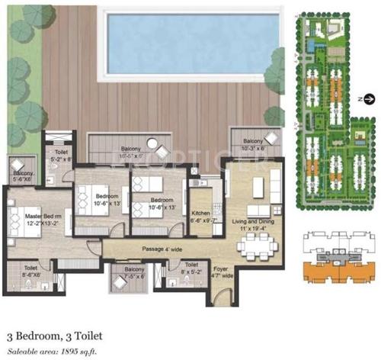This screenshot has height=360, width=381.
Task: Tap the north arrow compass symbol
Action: [369, 98]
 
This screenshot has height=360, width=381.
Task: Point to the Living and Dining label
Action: [251, 225]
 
